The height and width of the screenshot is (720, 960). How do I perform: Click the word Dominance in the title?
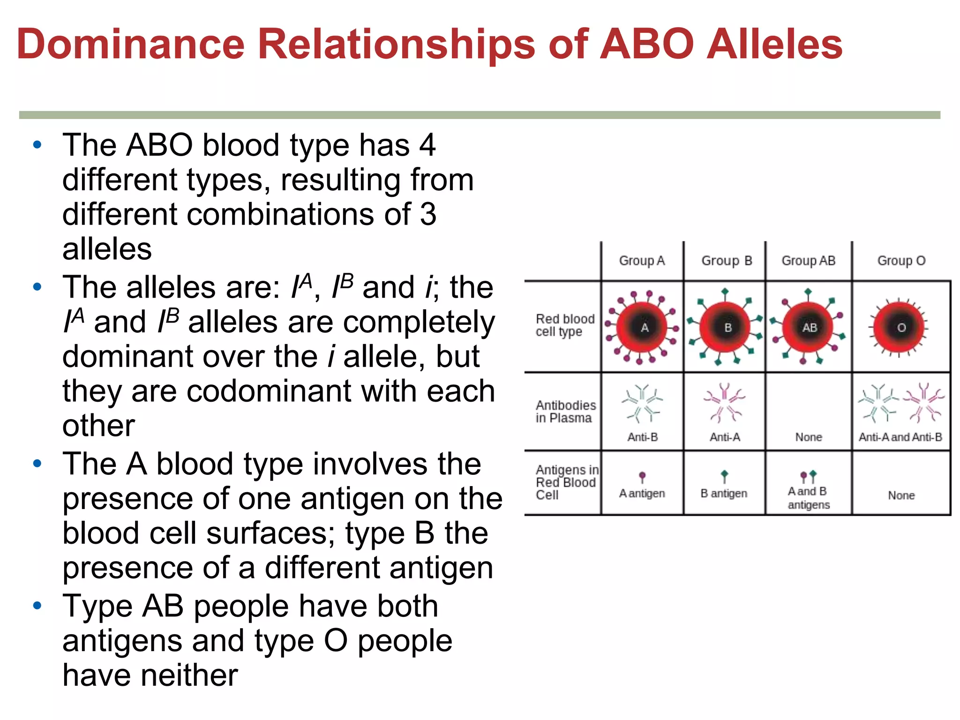[x=131, y=44]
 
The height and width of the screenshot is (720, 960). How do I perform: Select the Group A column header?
[x=642, y=261]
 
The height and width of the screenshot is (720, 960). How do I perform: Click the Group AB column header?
[x=808, y=261]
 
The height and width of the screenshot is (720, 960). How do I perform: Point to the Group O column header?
[x=901, y=261]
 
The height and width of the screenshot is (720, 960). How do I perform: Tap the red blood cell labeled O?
[x=900, y=327]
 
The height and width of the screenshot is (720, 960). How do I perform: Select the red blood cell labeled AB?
[x=808, y=327]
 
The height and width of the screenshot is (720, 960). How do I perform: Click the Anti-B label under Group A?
[x=642, y=437]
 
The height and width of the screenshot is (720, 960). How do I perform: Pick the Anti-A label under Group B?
[x=725, y=437]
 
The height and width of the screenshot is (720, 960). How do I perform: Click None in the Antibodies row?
[x=808, y=437]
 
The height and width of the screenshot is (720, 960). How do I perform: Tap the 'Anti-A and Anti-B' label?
[x=900, y=437]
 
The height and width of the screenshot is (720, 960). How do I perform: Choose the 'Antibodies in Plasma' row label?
[x=565, y=412]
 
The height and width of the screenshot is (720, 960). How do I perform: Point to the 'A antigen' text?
[x=642, y=493]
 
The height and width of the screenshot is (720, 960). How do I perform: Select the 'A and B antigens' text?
[x=808, y=498]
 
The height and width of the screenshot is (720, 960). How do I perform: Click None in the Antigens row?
[x=901, y=495]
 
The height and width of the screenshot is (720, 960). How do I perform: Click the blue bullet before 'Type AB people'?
[x=37, y=606]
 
